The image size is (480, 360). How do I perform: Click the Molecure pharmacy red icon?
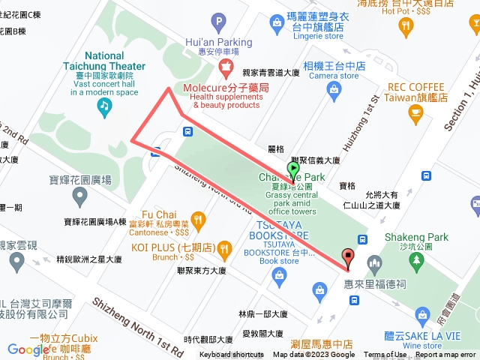223,69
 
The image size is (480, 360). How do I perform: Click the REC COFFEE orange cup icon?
415,113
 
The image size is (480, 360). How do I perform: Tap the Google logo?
28,349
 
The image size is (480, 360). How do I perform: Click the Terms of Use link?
385,355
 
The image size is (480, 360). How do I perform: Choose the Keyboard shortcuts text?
232,355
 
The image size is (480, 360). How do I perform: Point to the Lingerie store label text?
314,35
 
